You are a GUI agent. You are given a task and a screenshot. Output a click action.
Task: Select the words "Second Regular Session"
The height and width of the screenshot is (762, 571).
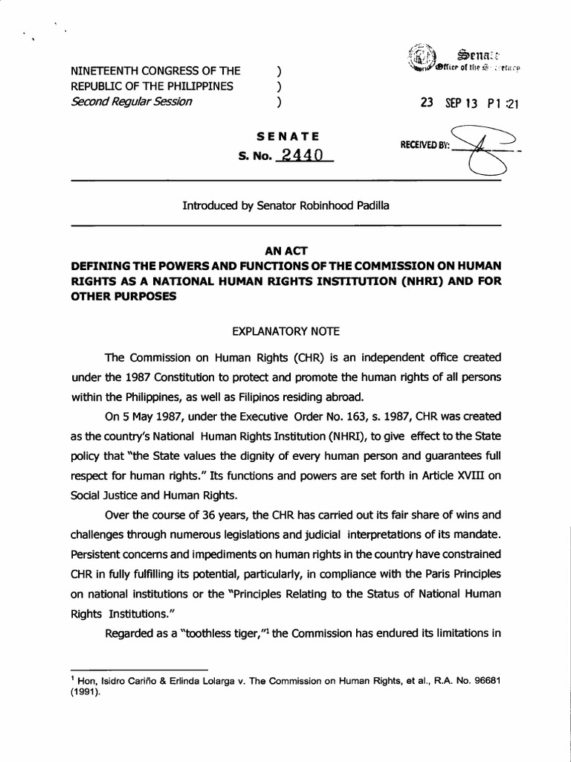(x=130, y=102)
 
